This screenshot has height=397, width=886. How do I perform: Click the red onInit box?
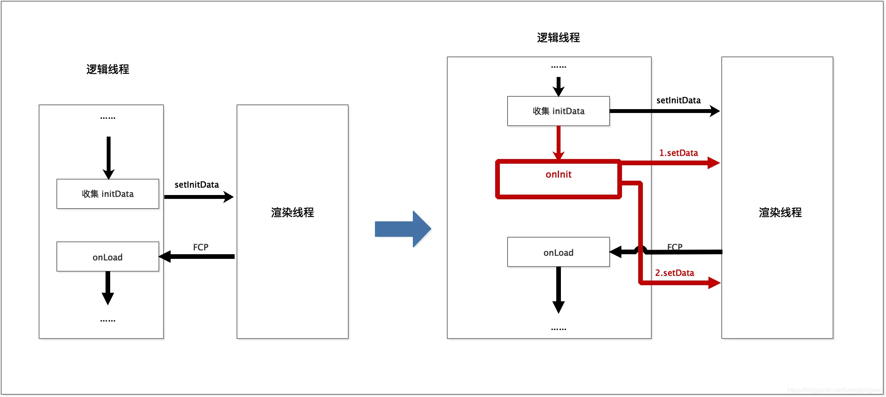coord(558,179)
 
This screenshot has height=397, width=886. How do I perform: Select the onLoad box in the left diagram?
coord(107,257)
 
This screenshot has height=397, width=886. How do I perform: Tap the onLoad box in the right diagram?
coord(558,252)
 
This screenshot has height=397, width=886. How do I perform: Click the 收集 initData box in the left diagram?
coord(107,194)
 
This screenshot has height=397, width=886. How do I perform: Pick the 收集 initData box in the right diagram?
coord(558,111)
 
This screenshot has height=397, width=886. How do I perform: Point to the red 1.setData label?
coord(678,153)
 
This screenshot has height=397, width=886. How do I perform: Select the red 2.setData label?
coord(675,273)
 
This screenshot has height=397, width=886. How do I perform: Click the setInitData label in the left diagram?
coord(197,185)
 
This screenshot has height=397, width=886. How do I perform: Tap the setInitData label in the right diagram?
coord(678,100)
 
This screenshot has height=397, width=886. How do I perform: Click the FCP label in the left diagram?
coord(201,247)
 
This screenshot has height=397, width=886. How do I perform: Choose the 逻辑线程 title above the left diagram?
coord(107,69)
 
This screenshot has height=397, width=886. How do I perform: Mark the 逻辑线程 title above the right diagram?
coord(558,38)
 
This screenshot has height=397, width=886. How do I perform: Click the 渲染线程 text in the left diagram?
coord(292,212)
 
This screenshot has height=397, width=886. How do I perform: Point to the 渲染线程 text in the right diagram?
coord(780,212)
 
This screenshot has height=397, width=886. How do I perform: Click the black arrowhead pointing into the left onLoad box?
coord(165,256)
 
